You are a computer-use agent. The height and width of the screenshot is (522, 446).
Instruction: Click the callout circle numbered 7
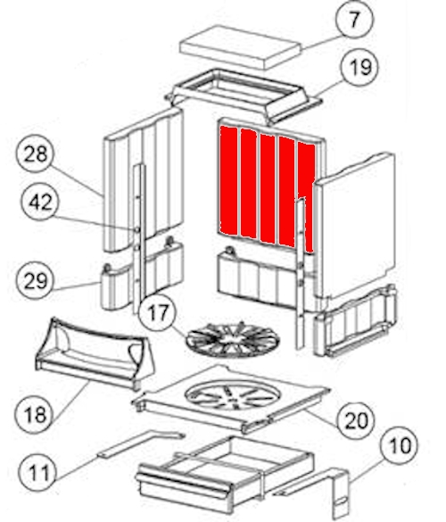(x=355, y=20)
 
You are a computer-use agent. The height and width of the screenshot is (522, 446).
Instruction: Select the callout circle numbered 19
(x=360, y=67)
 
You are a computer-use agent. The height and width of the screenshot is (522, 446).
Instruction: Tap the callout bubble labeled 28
(x=35, y=153)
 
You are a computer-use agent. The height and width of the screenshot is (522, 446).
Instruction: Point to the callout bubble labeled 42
(x=40, y=203)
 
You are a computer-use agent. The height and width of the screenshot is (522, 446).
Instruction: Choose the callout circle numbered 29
(x=36, y=281)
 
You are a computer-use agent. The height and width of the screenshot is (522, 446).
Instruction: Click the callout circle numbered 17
(x=158, y=313)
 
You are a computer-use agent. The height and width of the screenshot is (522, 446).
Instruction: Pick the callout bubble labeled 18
(x=34, y=414)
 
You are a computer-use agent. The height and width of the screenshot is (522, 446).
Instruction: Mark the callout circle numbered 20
(x=356, y=420)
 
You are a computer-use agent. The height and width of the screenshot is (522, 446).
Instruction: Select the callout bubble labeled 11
(x=38, y=472)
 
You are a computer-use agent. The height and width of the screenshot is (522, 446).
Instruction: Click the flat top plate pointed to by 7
(x=240, y=47)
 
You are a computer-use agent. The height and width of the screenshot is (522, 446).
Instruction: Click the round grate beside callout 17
(x=233, y=340)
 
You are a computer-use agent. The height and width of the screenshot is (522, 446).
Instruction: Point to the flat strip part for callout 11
(x=141, y=443)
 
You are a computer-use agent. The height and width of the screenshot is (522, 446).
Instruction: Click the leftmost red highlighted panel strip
(x=228, y=180)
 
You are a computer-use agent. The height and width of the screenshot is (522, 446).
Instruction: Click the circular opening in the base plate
(x=233, y=395)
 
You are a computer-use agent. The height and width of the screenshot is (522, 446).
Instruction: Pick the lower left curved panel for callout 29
(x=142, y=277)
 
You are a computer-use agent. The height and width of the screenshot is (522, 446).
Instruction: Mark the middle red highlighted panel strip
(x=268, y=188)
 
